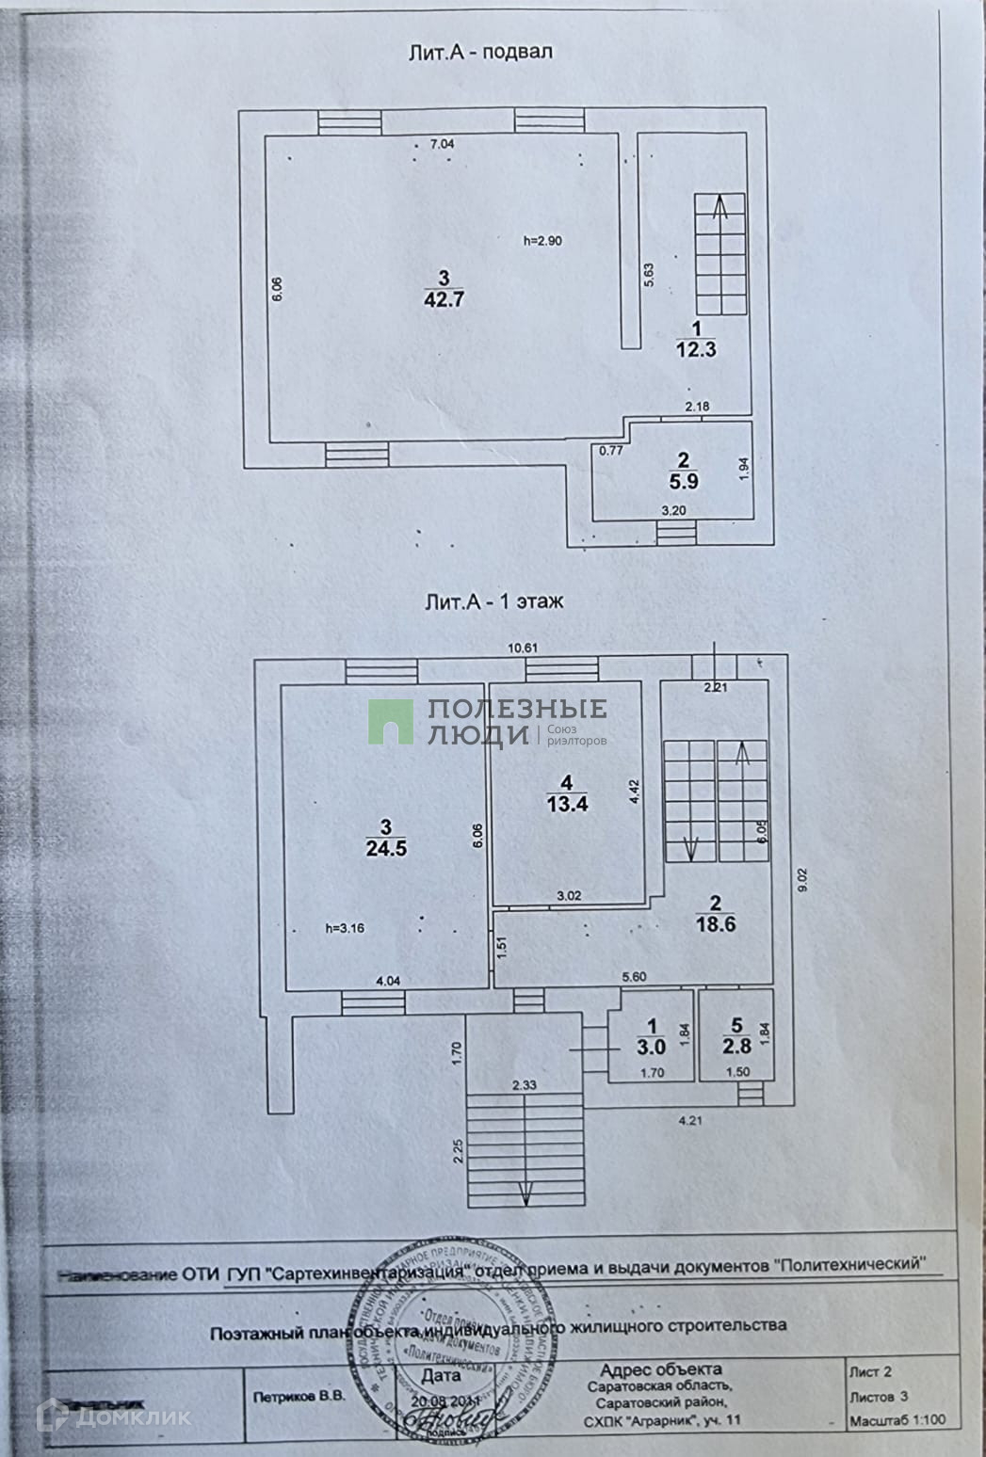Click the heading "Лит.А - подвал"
pyautogui.click(x=480, y=53)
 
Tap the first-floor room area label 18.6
pyautogui.click(x=717, y=923)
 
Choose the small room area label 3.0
pyautogui.click(x=651, y=1046)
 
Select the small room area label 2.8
pyautogui.click(x=736, y=1046)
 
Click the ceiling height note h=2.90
pyautogui.click(x=542, y=241)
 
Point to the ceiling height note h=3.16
pyautogui.click(x=344, y=928)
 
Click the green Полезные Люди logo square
pyautogui.click(x=390, y=723)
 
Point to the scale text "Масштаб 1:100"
pyautogui.click(x=897, y=1421)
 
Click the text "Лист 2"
pyautogui.click(x=870, y=1372)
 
